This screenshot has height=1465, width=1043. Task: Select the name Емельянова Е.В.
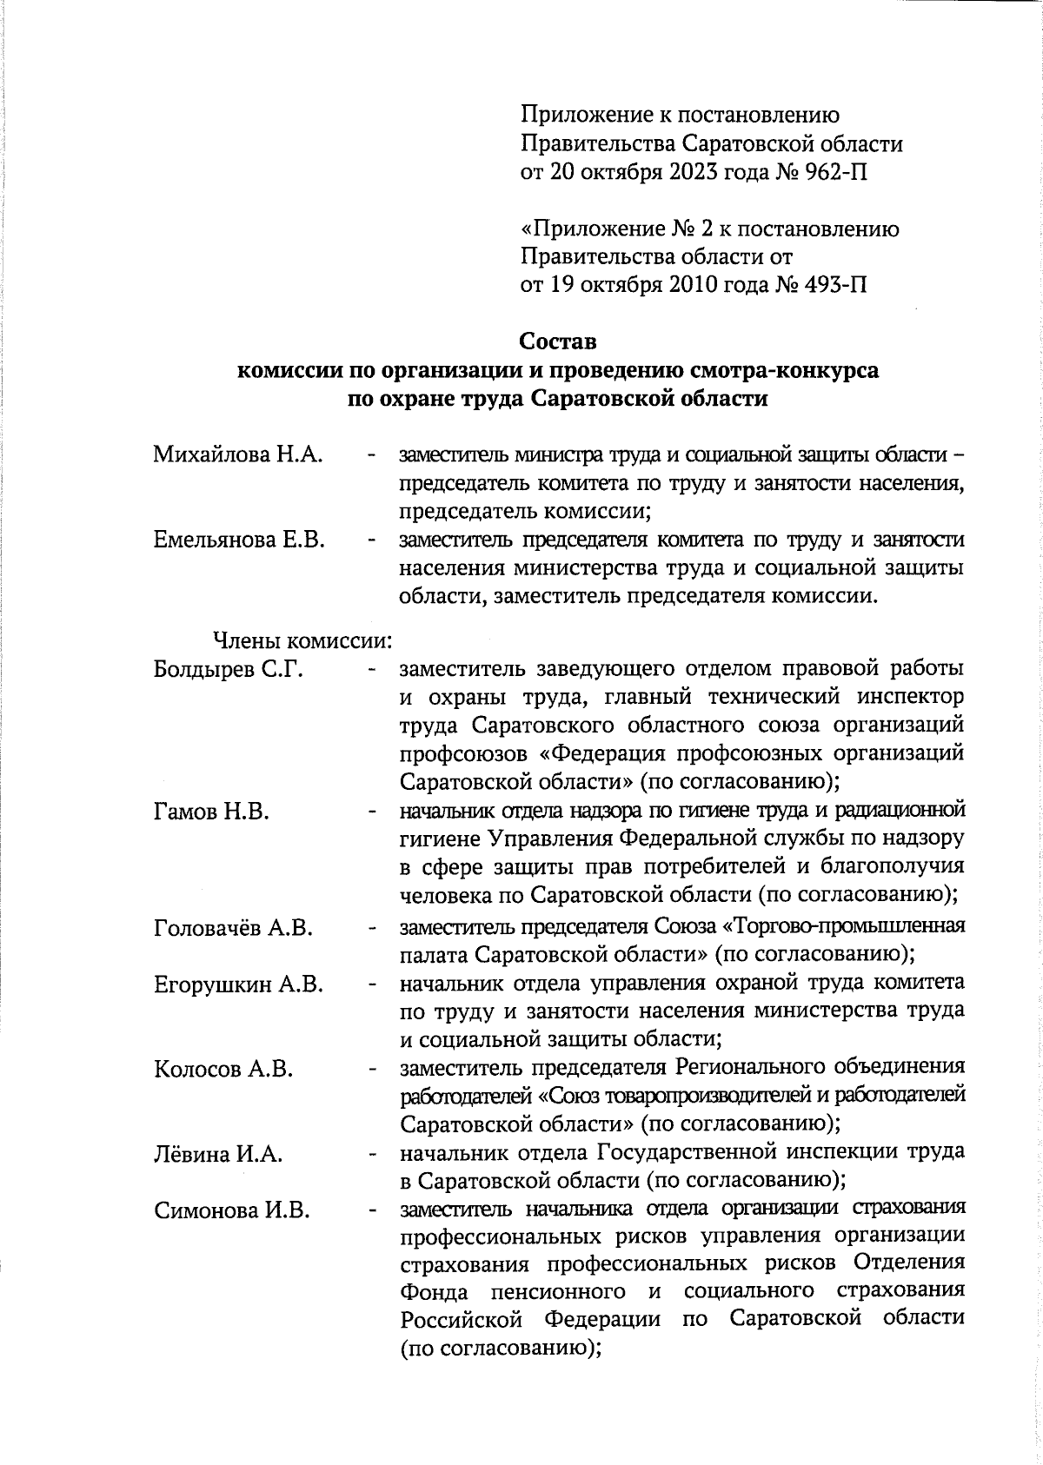[x=239, y=540]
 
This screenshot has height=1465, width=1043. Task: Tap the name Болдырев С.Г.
[x=228, y=670]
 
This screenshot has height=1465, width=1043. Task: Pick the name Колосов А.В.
[x=223, y=1069]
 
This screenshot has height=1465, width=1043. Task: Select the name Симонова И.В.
[x=232, y=1210]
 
